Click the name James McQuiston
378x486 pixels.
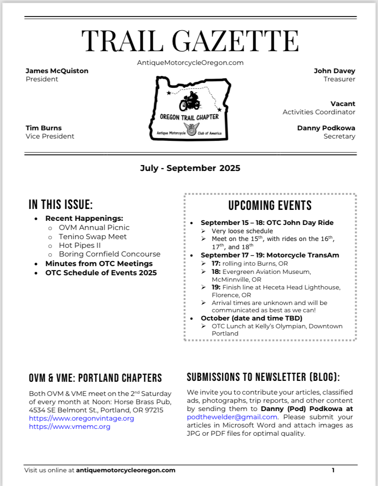57,71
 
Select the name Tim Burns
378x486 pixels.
43,128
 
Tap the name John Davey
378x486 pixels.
334,71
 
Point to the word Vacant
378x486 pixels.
343,104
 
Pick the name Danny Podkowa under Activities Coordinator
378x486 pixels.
326,128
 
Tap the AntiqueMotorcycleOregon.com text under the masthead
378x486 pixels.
190,63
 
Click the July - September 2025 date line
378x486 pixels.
190,168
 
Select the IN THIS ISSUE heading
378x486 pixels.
61,204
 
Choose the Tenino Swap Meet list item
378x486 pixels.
93,236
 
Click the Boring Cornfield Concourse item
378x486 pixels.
110,254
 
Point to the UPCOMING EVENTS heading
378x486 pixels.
270,205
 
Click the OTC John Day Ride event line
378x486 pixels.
267,223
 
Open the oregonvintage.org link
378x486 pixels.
81,418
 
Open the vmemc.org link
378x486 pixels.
69,427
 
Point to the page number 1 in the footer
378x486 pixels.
333,470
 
